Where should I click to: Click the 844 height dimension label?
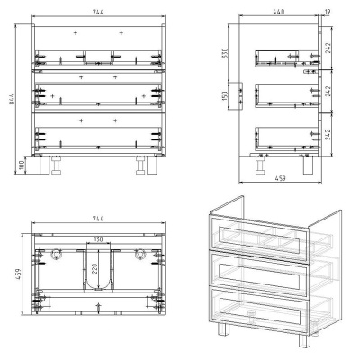point(12,99)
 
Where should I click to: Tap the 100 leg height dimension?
point(22,165)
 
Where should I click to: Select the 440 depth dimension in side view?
point(279,12)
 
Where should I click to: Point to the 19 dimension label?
point(327,12)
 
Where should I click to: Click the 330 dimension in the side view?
point(225,53)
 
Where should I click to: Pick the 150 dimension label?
point(225,95)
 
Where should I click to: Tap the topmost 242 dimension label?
point(328,48)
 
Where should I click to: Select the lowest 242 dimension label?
point(328,134)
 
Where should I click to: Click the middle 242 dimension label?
point(328,91)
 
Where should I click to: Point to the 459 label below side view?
point(280,178)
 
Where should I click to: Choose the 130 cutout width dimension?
point(98,239)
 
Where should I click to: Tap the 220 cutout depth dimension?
point(94,269)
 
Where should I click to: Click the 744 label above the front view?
point(98,12)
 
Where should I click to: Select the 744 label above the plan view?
point(98,219)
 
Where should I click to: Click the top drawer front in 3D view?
point(259,236)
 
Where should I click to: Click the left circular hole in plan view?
point(56,254)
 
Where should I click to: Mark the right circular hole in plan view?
point(139,254)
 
